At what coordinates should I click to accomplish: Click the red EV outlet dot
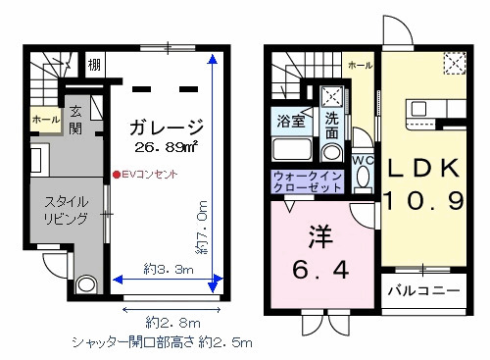pos(115,176)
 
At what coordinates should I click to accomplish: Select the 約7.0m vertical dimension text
pos(202,227)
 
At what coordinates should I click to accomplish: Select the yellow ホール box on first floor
pos(45,120)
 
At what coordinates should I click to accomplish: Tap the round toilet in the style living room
pos(85,284)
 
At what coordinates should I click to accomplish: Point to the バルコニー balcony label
pos(421,291)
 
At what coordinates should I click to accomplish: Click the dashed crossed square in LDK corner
pos(454,63)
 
